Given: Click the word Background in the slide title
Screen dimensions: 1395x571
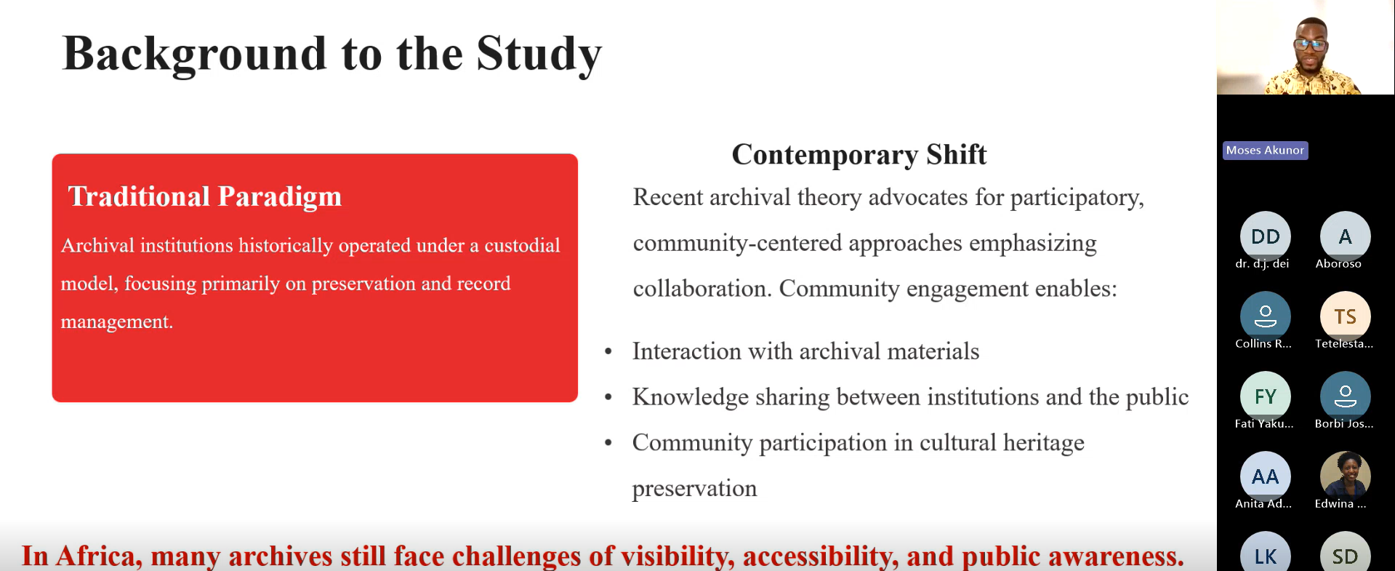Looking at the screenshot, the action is click(x=195, y=55).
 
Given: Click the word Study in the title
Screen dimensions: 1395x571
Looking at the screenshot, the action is click(x=539, y=55).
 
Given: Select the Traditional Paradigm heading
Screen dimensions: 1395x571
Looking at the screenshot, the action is click(x=205, y=196).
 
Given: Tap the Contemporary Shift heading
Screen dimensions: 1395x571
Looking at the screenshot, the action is click(x=859, y=155).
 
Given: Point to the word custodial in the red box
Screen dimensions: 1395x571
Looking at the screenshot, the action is click(x=522, y=245).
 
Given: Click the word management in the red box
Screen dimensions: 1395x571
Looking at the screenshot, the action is click(x=116, y=322).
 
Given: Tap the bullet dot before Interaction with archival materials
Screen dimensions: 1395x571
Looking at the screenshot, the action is click(x=608, y=352).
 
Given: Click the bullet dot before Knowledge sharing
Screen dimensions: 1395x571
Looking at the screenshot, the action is click(x=608, y=398).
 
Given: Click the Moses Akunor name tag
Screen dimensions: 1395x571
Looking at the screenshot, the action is click(x=1266, y=151).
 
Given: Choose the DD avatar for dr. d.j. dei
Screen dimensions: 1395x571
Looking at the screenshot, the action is click(x=1266, y=236).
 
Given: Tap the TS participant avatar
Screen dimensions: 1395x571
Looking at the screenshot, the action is click(x=1346, y=316).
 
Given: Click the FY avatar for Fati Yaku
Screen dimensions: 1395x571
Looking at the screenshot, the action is click(x=1266, y=396).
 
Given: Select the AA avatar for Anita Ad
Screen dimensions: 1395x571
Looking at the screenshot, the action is click(x=1266, y=476).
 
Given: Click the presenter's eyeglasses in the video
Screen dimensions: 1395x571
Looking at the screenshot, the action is click(x=1311, y=44).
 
